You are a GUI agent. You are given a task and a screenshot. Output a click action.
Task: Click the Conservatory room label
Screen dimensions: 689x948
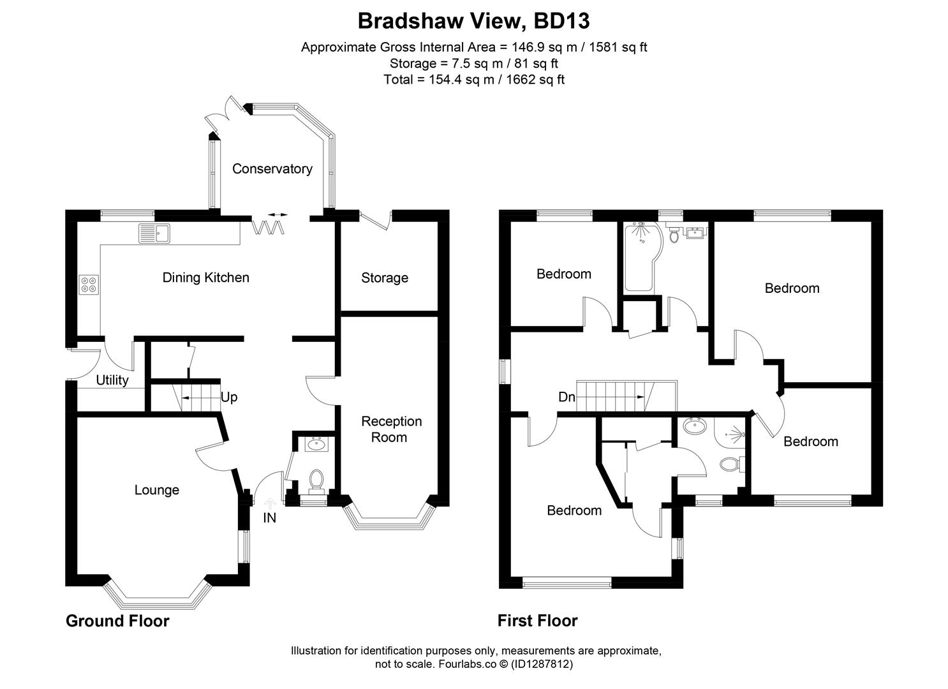(272, 169)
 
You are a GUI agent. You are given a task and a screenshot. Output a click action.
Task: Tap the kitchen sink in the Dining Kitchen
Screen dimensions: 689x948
(153, 233)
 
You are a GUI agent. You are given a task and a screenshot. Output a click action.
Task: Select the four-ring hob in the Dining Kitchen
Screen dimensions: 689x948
(89, 284)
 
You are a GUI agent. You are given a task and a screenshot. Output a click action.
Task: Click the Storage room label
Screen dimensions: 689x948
(384, 278)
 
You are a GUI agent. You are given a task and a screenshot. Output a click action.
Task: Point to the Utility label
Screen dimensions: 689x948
(112, 380)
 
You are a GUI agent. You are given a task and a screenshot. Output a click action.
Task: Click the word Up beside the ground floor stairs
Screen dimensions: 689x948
(229, 397)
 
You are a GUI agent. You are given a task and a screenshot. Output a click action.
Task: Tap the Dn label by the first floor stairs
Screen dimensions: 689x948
(567, 397)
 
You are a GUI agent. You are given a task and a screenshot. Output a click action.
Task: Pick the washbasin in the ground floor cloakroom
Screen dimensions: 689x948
(316, 444)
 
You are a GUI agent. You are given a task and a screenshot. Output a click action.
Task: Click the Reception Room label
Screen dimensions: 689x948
(391, 429)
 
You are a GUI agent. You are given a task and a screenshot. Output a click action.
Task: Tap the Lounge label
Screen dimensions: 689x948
(156, 490)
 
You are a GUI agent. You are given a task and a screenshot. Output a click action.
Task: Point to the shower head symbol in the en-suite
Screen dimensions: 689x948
(737, 434)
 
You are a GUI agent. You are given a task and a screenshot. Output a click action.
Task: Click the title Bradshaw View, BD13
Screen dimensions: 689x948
(473, 21)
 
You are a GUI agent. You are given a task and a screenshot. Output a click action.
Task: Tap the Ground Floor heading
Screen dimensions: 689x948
(117, 621)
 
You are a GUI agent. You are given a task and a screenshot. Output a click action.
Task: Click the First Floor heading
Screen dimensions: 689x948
(537, 621)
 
